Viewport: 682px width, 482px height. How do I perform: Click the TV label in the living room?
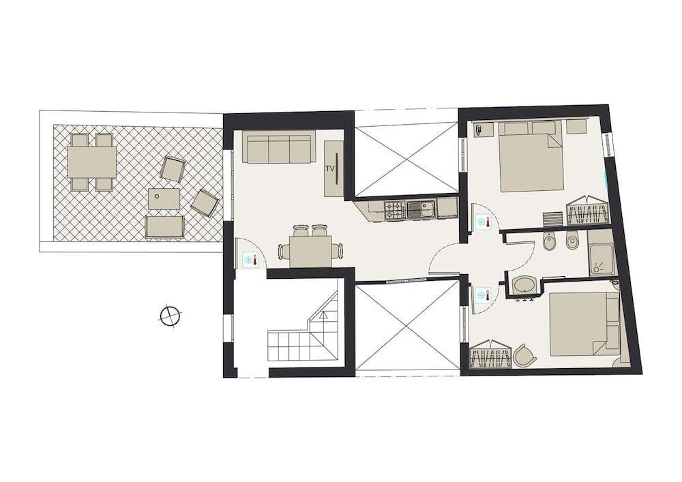tap(330, 168)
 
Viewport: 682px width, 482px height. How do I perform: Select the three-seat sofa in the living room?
tap(278, 148)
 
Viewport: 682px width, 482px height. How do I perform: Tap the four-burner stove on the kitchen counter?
tap(395, 209)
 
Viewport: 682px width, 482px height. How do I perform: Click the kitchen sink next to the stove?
tap(420, 209)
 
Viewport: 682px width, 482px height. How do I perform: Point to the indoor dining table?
tap(310, 252)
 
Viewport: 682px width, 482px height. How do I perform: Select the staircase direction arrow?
tap(323, 316)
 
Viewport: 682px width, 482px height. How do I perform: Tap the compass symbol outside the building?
tap(169, 316)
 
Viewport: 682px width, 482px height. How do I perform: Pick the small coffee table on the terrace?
tap(164, 199)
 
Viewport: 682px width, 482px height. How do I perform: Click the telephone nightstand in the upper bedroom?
tap(484, 129)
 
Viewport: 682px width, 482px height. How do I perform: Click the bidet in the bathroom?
tap(550, 241)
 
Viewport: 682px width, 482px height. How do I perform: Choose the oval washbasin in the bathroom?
tap(525, 284)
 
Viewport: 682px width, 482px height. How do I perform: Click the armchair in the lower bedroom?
tap(524, 355)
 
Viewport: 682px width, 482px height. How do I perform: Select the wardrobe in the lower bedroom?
tap(491, 355)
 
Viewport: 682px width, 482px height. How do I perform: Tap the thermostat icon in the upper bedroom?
tap(481, 222)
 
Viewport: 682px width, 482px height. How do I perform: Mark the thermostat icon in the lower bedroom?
tap(481, 295)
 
